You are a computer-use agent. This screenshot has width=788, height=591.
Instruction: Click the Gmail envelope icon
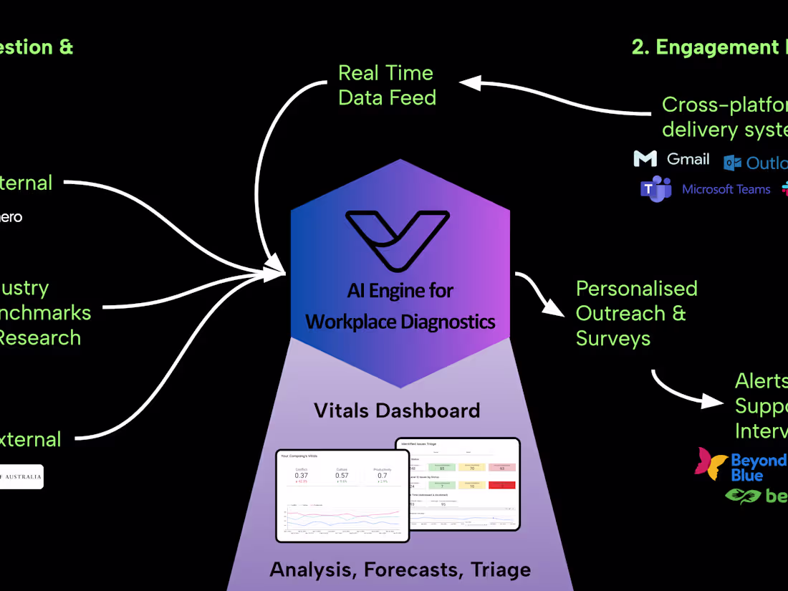[645, 158]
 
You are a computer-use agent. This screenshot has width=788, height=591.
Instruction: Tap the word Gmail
[688, 158]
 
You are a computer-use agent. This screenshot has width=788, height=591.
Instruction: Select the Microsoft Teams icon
[655, 189]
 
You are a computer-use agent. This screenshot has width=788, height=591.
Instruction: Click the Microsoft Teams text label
[726, 189]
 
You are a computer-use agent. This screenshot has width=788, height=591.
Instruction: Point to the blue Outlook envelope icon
[732, 163]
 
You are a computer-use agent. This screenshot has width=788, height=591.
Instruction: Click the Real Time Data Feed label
[387, 85]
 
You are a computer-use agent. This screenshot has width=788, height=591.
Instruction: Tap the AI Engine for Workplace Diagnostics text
[400, 306]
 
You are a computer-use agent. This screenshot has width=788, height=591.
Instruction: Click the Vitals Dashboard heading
[397, 410]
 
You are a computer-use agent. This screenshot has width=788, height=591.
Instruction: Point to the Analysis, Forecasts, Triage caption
[400, 570]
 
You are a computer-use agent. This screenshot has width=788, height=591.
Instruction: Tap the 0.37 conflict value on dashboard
[302, 475]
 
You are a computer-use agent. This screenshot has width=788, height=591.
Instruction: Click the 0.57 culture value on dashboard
[342, 475]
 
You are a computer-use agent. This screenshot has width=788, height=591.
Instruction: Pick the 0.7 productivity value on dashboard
[382, 475]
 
